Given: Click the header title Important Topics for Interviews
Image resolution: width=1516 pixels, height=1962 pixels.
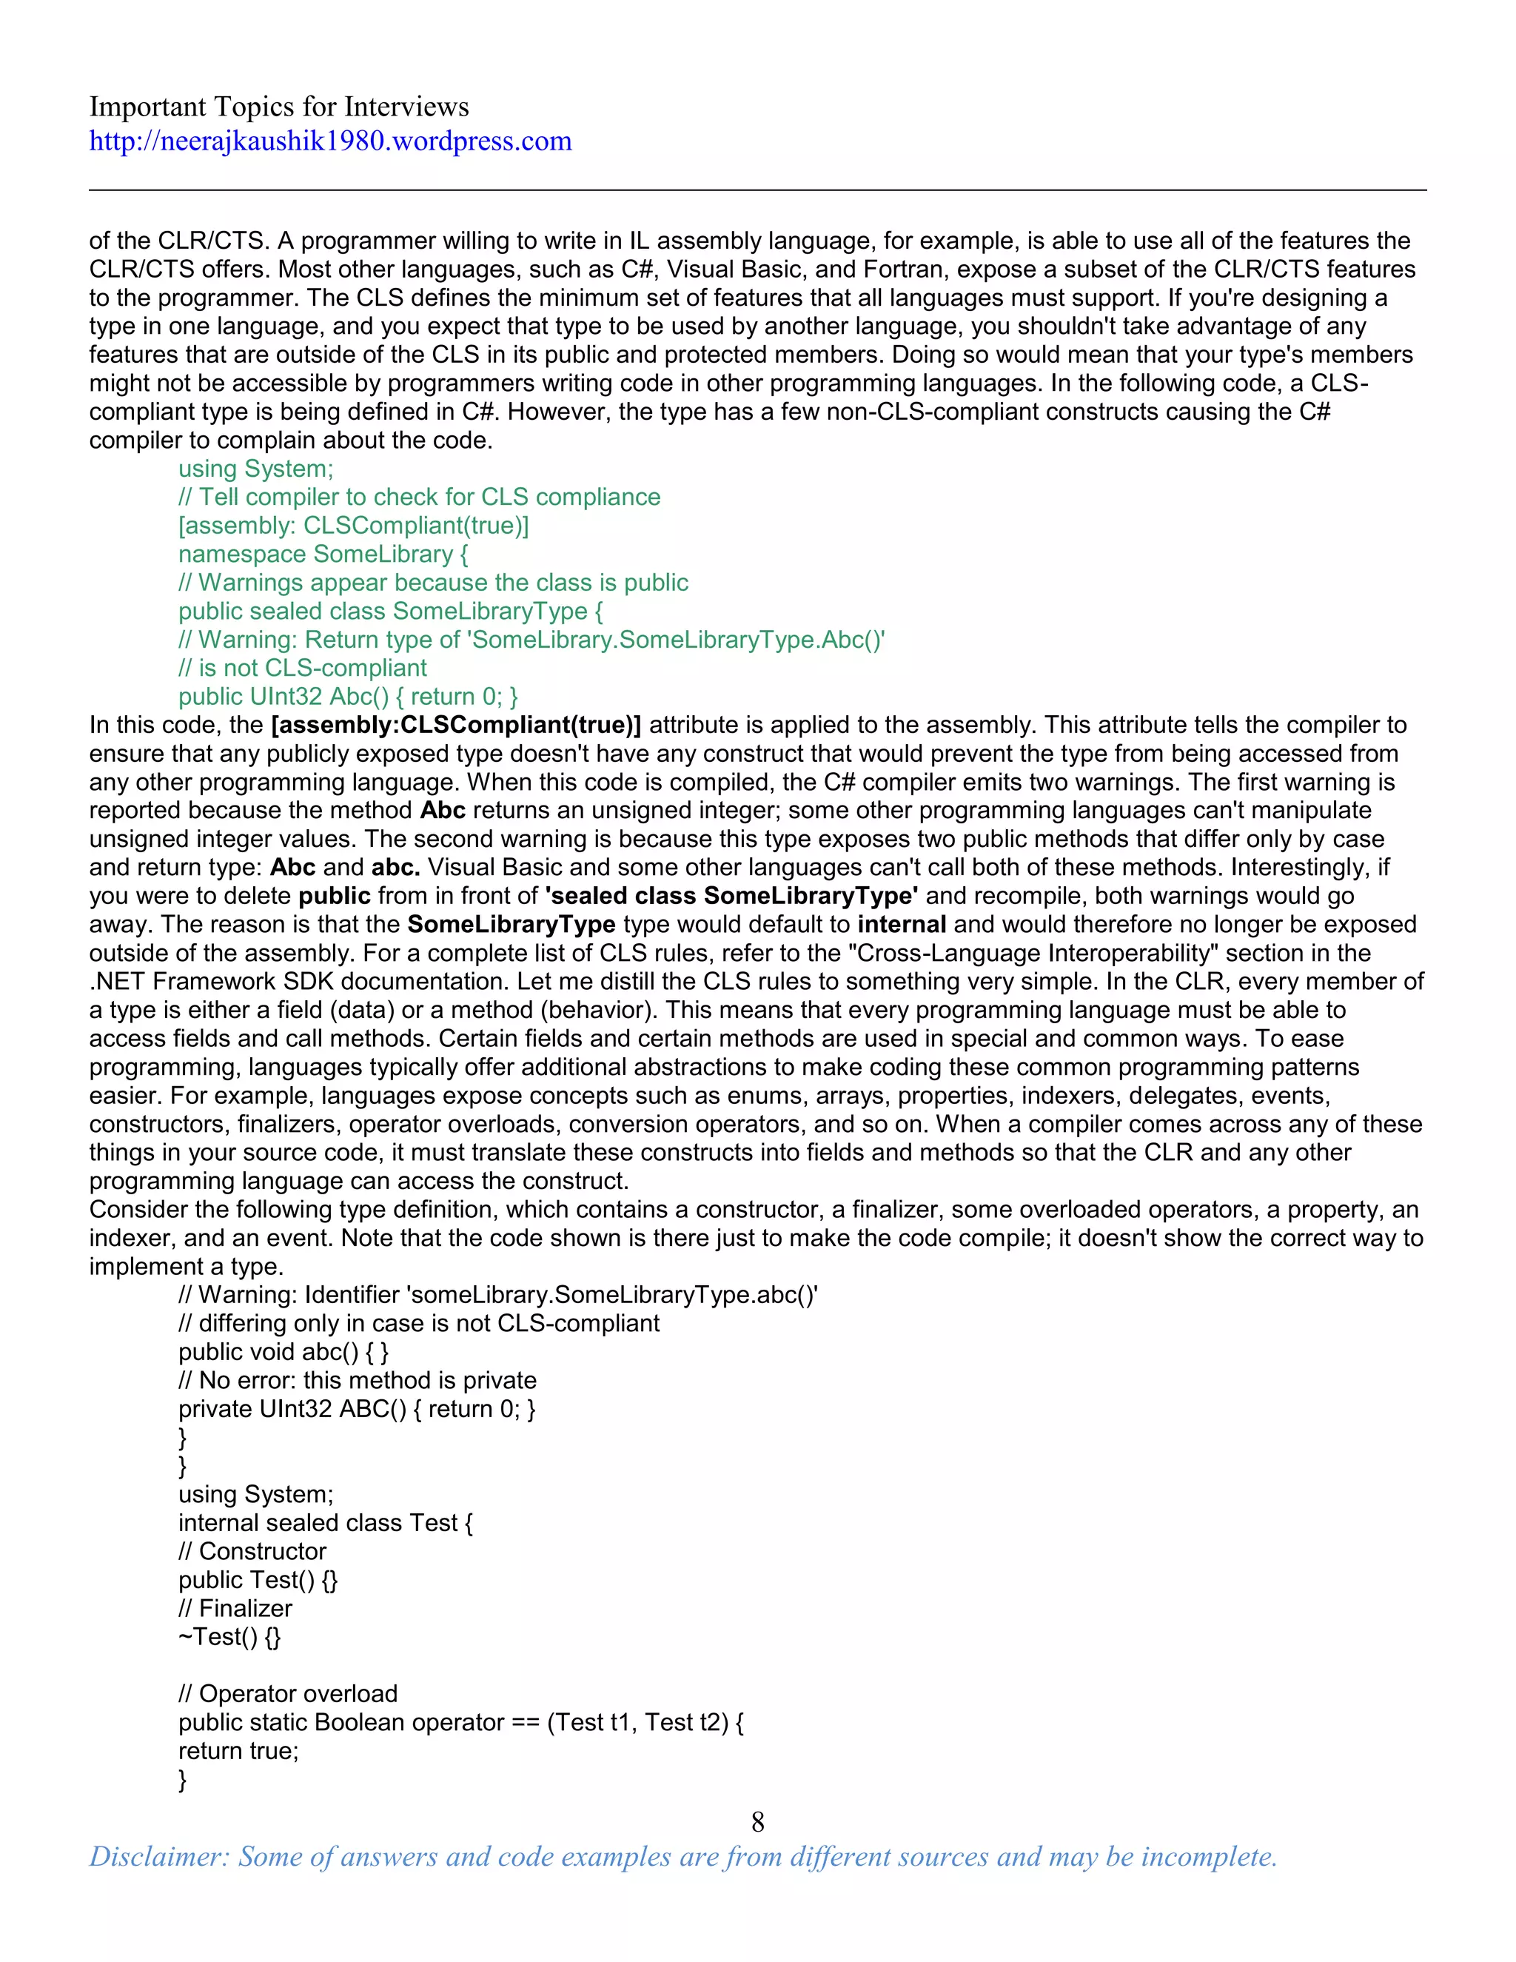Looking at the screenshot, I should (x=278, y=107).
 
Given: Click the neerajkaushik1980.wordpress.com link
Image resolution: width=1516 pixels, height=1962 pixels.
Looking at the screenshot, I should (x=329, y=141).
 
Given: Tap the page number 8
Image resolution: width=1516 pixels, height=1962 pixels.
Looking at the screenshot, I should (x=757, y=1822).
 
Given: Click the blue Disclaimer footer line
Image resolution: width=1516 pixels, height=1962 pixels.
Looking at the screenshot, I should (x=682, y=1856).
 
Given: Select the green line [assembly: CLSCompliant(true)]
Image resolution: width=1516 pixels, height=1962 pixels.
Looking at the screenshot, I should (x=353, y=526).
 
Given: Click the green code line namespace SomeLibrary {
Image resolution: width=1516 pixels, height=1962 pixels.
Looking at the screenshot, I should (x=323, y=555).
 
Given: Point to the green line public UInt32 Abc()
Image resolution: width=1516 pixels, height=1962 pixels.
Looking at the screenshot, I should (x=348, y=697).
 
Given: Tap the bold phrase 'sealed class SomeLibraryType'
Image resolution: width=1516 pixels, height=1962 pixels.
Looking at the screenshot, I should (x=731, y=896).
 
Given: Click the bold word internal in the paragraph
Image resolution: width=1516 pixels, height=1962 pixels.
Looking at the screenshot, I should (x=902, y=925).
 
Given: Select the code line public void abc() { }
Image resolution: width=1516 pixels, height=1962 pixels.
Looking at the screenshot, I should (x=283, y=1352).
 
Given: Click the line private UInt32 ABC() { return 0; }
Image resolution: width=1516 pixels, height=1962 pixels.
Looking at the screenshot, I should (x=357, y=1409).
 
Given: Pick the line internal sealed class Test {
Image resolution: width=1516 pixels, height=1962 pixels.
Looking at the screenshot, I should (x=325, y=1523).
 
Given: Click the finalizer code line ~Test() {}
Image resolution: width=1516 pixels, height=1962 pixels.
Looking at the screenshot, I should (x=229, y=1637).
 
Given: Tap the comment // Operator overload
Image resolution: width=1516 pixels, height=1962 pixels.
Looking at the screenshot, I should (x=287, y=1693).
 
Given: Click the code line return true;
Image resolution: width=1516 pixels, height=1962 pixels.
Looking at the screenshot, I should (x=238, y=1751).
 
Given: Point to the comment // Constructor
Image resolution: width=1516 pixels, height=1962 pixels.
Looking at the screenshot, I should (x=252, y=1551).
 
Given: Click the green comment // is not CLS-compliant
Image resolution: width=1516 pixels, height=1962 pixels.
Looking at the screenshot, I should (x=302, y=669).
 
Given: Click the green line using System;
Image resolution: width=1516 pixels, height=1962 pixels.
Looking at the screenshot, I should (x=255, y=469).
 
